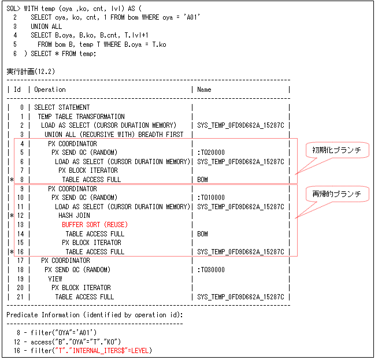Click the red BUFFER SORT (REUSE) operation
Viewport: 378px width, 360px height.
pyautogui.click(x=95, y=225)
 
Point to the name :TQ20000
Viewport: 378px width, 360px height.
pyautogui.click(x=212, y=153)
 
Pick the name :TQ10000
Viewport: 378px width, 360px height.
pyautogui.click(x=212, y=198)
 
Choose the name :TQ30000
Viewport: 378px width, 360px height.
pyautogui.click(x=212, y=270)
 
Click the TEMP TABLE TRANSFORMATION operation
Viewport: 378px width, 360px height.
pyautogui.click(x=81, y=117)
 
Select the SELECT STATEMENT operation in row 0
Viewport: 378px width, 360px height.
pyautogui.click(x=62, y=107)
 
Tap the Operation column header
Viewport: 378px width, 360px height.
pyautogui.click(x=50, y=90)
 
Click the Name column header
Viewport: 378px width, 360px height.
pyautogui.click(x=204, y=90)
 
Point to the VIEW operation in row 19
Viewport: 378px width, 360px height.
pyautogui.click(x=55, y=279)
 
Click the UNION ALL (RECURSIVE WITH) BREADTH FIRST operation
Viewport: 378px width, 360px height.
pyautogui.click(x=114, y=135)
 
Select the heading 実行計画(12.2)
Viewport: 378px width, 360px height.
pyautogui.click(x=30, y=71)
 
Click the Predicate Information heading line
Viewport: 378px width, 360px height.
pyautogui.click(x=95, y=315)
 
